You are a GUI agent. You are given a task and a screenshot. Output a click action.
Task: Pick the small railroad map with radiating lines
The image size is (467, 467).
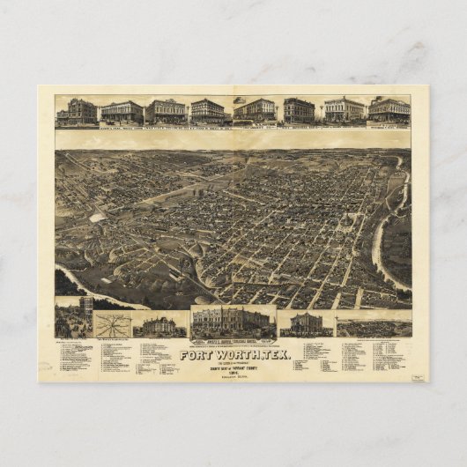[111, 324]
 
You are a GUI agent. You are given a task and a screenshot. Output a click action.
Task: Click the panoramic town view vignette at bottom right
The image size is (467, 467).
[374, 325]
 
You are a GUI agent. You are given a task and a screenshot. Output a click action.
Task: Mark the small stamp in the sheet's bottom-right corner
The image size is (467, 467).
[418, 376]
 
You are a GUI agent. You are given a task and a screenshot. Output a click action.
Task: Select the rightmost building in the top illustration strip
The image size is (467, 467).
[389, 109]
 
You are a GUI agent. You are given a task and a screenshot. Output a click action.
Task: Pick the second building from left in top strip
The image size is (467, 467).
[122, 112]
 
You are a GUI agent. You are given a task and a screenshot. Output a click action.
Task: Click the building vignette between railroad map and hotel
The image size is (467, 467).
[159, 325]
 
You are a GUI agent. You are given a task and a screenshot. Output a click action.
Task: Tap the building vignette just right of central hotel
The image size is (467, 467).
[306, 323]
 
